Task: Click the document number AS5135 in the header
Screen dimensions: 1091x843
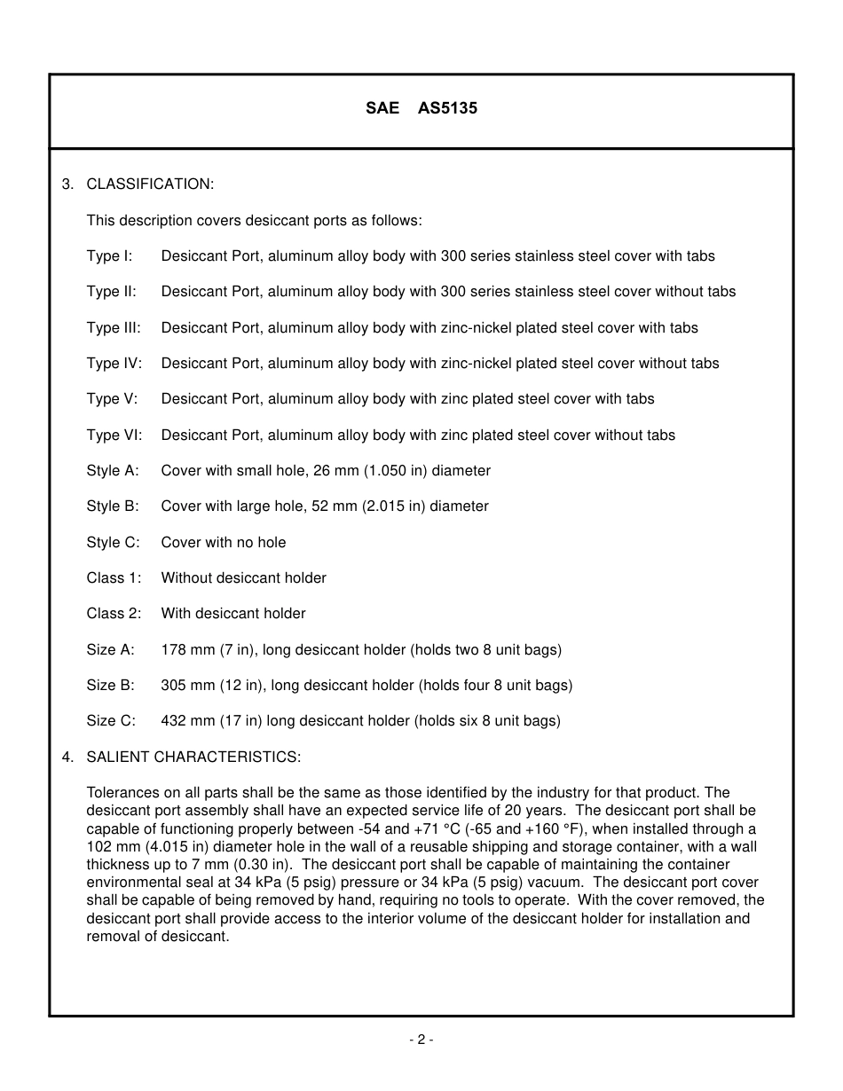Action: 447,108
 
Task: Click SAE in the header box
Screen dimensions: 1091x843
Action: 382,108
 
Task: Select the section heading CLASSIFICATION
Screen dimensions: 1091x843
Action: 150,184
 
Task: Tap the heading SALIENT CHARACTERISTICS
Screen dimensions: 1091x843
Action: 193,757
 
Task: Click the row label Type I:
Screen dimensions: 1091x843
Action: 109,255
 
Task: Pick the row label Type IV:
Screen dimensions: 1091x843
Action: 114,363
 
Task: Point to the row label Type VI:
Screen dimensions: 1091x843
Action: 114,435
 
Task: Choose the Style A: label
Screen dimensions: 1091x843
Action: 113,470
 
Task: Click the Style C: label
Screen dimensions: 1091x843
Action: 113,542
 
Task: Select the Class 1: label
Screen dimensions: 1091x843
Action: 114,577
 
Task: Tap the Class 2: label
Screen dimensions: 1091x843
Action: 114,613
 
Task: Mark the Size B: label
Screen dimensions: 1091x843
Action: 111,685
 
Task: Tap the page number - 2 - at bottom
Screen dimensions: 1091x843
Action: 421,1040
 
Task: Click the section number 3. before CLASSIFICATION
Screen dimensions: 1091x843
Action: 67,184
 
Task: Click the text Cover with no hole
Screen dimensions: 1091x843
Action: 224,542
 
